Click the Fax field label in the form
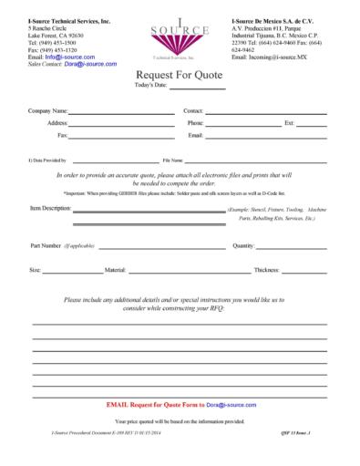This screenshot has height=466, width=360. pos(62,135)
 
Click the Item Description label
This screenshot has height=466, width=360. pos(50,208)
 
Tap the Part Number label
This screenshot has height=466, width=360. pos(46,245)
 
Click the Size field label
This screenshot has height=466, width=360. pos(35,270)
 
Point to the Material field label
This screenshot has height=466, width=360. pos(116,270)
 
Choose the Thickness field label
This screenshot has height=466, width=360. pos(266,270)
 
